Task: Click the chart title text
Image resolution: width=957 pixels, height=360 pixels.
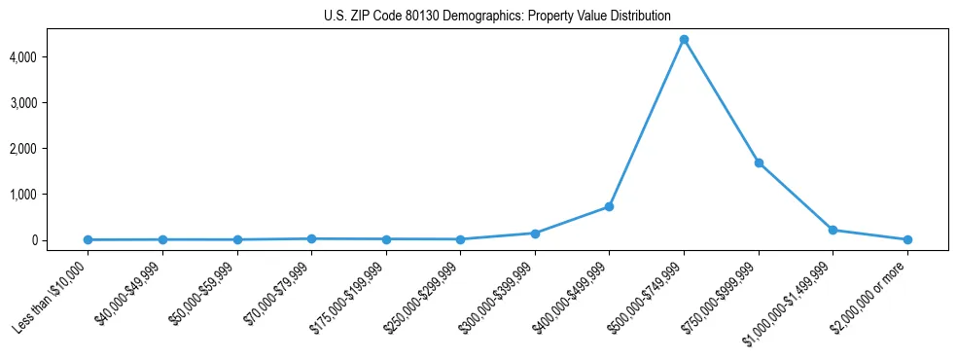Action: pos(497,16)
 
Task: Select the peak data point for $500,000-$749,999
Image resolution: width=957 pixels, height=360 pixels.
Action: pos(684,40)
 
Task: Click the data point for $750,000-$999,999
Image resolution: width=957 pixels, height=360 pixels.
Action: pos(759,162)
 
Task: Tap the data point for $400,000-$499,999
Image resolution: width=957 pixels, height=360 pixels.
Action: pos(609,206)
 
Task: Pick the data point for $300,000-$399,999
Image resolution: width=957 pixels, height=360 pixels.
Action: pos(535,234)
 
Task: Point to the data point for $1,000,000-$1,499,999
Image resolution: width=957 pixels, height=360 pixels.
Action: pos(833,230)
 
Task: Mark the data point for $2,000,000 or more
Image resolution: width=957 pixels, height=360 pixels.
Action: pos(907,239)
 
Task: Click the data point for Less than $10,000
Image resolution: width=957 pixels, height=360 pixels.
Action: pos(89,239)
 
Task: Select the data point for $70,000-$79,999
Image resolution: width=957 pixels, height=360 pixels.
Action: pos(311,238)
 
